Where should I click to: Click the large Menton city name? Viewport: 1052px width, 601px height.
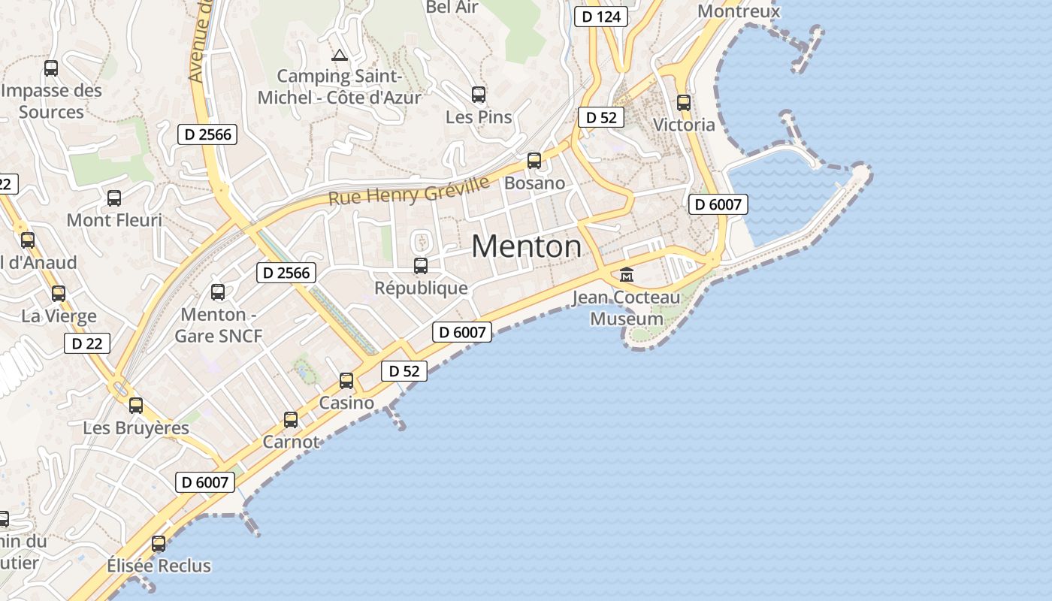(x=526, y=246)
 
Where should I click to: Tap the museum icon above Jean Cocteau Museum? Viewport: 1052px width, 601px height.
(x=627, y=275)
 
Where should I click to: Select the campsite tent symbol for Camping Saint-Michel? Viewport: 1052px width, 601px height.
(x=340, y=55)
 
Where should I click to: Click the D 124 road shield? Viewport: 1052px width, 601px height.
(x=600, y=16)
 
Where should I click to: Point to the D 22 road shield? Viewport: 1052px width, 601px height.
(x=87, y=343)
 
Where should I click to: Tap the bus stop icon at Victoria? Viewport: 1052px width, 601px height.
(x=683, y=103)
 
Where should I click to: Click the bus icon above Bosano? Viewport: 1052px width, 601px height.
(x=534, y=160)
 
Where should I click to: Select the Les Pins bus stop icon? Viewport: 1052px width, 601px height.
(x=479, y=95)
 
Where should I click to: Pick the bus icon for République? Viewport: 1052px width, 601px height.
(x=421, y=265)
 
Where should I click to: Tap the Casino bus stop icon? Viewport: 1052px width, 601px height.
(x=346, y=381)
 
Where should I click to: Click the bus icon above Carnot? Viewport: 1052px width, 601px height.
(x=291, y=420)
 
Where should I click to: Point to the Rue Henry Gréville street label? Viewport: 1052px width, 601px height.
(x=409, y=190)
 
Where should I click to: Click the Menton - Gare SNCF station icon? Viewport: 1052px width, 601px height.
(x=218, y=292)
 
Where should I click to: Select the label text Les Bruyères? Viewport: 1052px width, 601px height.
(x=136, y=427)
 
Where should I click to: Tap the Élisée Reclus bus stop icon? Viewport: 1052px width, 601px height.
(x=159, y=543)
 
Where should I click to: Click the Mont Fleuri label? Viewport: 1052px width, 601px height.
(x=114, y=220)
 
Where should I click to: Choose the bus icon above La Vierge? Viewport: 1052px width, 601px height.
(x=59, y=294)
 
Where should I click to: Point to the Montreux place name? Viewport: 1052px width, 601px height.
(x=739, y=11)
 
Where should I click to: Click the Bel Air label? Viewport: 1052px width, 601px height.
(x=452, y=8)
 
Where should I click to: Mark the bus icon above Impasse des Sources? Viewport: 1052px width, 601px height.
(x=51, y=68)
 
